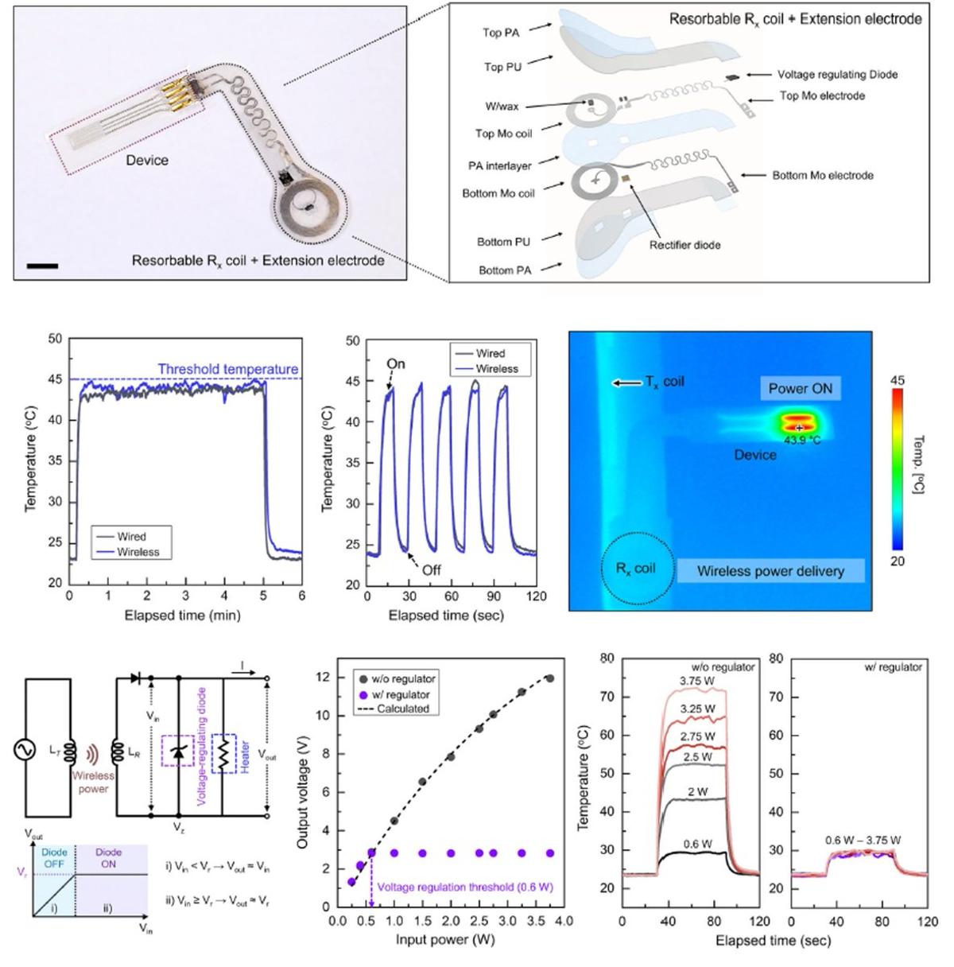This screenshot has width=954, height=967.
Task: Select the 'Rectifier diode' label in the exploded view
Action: pos(684,244)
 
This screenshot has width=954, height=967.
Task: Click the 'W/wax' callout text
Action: pos(502,105)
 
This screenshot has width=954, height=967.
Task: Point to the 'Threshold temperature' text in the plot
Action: pos(227,369)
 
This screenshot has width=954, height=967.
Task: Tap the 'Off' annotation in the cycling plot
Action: pos(431,569)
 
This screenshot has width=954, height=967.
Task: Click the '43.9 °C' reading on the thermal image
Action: pos(802,440)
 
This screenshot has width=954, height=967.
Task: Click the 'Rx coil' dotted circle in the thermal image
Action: pos(635,568)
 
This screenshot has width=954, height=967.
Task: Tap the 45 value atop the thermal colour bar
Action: pos(897,381)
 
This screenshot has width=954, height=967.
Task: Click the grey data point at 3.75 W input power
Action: pos(549,678)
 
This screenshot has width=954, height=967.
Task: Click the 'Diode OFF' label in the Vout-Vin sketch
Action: pos(54,857)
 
